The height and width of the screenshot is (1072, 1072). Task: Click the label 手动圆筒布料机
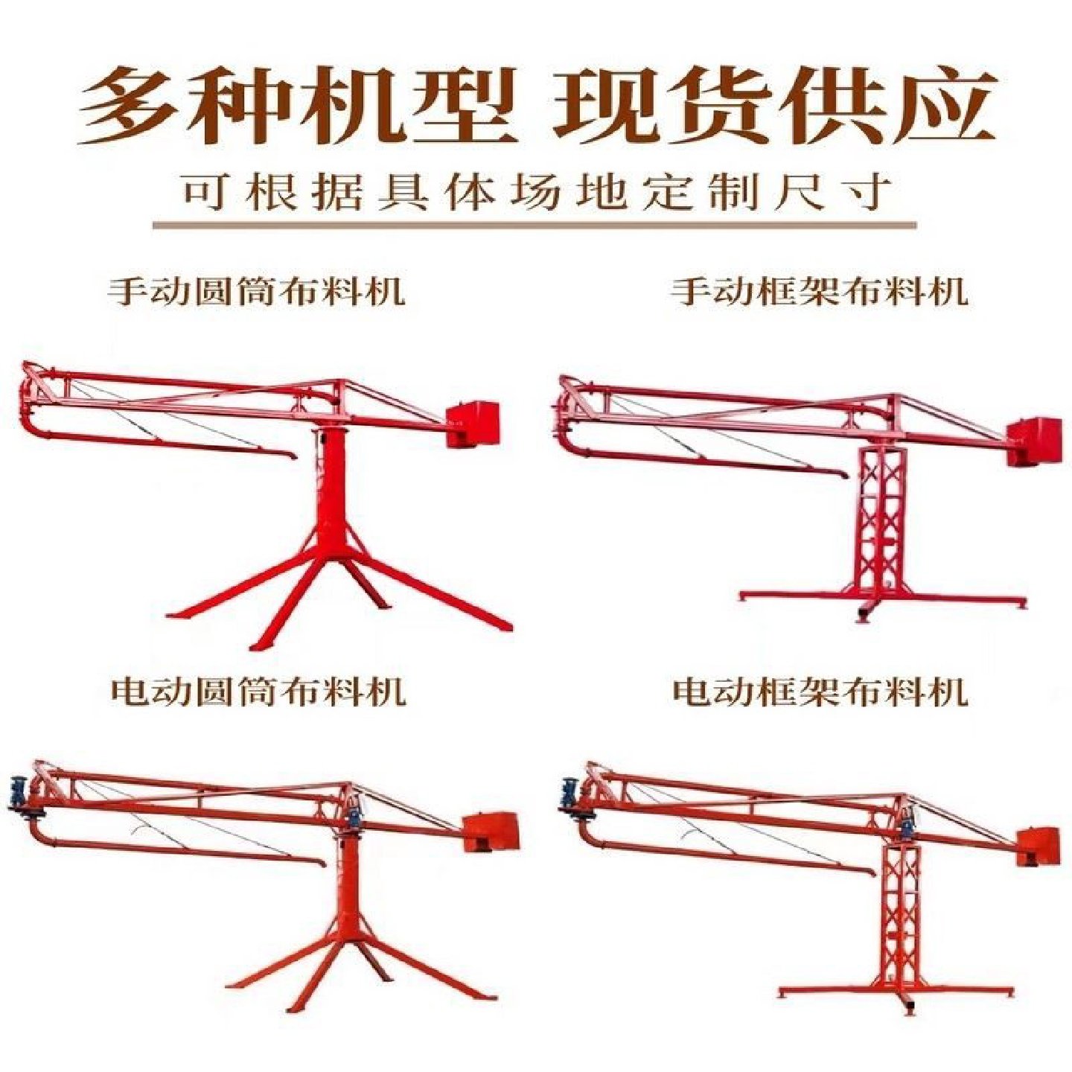pyautogui.click(x=257, y=291)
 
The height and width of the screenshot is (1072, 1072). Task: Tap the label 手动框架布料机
pyautogui.click(x=819, y=291)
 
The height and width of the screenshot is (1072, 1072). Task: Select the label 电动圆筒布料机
pyautogui.click(x=257, y=692)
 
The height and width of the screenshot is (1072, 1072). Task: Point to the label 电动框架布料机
pyautogui.click(x=819, y=692)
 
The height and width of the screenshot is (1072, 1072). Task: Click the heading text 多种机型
pyautogui.click(x=298, y=106)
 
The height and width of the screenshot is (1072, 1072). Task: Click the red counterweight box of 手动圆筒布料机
pyautogui.click(x=472, y=424)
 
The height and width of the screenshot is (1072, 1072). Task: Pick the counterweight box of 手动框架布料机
pyautogui.click(x=1035, y=441)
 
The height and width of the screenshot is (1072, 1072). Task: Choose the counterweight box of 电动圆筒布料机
pyautogui.click(x=490, y=832)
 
